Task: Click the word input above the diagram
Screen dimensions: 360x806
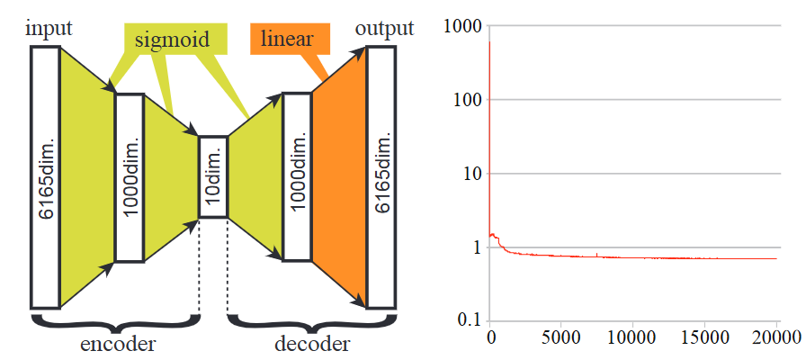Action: pyautogui.click(x=49, y=28)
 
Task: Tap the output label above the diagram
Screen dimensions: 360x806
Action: pyautogui.click(x=384, y=28)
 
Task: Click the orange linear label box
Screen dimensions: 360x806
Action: pyautogui.click(x=288, y=39)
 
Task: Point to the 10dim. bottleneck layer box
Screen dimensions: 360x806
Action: pyautogui.click(x=213, y=177)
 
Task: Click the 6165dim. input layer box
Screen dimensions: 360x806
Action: pyautogui.click(x=44, y=176)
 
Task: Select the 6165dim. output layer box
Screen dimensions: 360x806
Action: pyautogui.click(x=381, y=177)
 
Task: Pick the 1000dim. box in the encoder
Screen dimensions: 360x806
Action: pyautogui.click(x=130, y=177)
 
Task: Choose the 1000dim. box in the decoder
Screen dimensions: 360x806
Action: pyautogui.click(x=297, y=176)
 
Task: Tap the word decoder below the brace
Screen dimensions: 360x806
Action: pyautogui.click(x=311, y=344)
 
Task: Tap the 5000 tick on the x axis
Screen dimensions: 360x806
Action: pyautogui.click(x=560, y=338)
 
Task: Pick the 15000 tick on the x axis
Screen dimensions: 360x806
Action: pyautogui.click(x=704, y=338)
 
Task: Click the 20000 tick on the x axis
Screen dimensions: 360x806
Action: pyautogui.click(x=775, y=338)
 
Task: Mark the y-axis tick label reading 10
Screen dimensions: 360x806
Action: pyautogui.click(x=471, y=174)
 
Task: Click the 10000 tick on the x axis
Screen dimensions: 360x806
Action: pyautogui.click(x=632, y=338)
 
